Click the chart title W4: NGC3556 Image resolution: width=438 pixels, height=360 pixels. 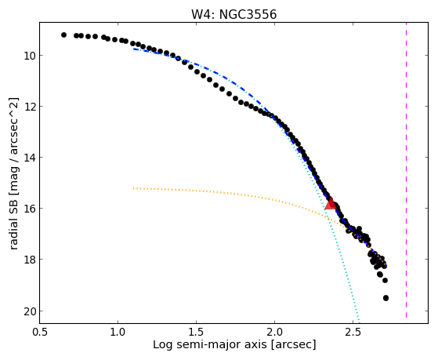233,14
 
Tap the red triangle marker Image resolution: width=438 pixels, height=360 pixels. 331,204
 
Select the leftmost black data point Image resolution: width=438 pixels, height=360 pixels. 63,35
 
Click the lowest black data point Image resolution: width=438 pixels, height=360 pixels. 386,298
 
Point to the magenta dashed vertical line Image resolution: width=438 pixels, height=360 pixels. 406,170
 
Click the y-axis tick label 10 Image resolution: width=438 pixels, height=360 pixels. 29,56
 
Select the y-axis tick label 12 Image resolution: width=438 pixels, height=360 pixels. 29,107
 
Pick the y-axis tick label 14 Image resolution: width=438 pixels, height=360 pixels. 29,158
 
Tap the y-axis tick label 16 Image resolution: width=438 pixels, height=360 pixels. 29,209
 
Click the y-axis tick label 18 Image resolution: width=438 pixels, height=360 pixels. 29,260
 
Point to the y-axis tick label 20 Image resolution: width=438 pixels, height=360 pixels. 29,311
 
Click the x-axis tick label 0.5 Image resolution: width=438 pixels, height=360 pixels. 40,333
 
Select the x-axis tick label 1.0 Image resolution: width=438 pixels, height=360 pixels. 118,333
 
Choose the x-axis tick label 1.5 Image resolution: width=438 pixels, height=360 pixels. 197,333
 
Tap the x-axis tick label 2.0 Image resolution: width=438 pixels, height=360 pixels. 274,333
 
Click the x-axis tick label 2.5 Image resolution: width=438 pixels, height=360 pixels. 353,333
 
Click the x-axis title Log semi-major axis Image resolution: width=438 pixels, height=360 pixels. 210,344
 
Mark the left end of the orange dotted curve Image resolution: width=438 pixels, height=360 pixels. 134,188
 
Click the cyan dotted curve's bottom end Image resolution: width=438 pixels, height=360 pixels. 359,322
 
